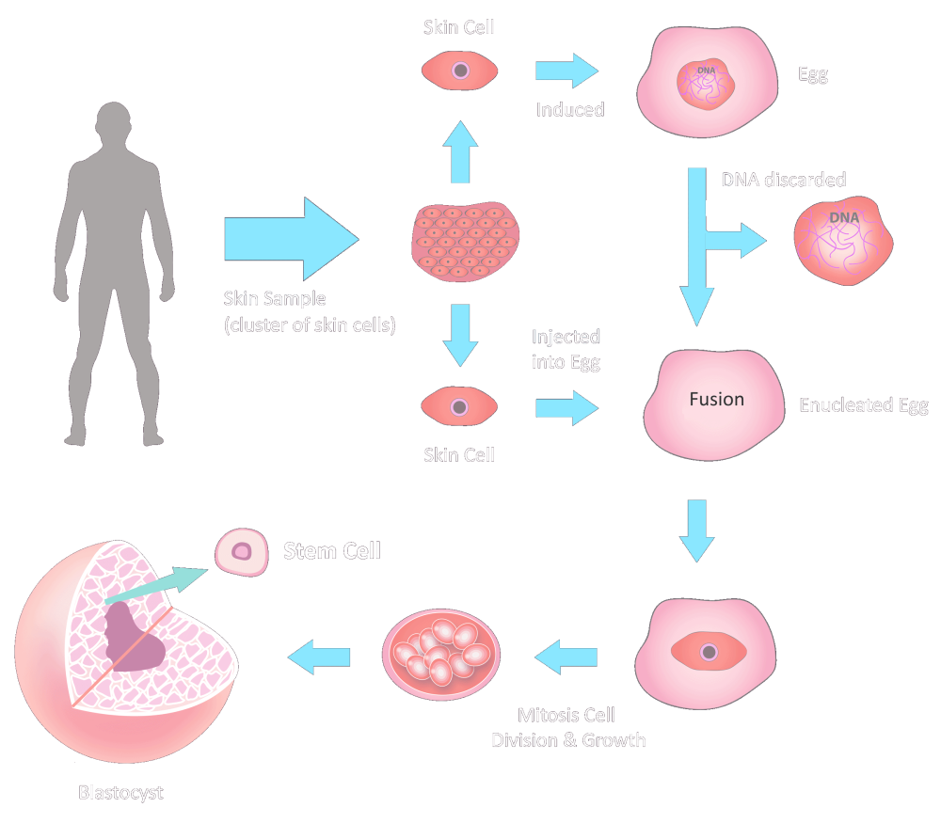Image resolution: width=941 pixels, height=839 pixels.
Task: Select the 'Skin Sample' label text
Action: pyautogui.click(x=274, y=299)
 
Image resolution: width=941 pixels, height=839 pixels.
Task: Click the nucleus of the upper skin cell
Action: pyautogui.click(x=459, y=71)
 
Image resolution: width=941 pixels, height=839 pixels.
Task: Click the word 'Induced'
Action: pyautogui.click(x=569, y=109)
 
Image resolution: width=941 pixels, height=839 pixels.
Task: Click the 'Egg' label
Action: pyautogui.click(x=813, y=76)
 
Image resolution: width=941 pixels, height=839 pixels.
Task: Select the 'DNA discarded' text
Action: pyautogui.click(x=783, y=179)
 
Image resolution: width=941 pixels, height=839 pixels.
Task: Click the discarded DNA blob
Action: pyautogui.click(x=842, y=243)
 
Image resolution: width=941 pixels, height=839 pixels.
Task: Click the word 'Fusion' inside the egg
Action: pyautogui.click(x=716, y=400)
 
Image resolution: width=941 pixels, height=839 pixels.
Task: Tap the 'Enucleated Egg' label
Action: pyautogui.click(x=863, y=406)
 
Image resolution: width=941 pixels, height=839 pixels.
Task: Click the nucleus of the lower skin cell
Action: pyautogui.click(x=459, y=407)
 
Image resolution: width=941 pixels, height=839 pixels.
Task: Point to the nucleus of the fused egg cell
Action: pyautogui.click(x=710, y=652)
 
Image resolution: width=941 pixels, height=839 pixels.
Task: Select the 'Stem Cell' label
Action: pyautogui.click(x=332, y=550)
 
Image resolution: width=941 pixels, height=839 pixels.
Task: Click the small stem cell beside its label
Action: pyautogui.click(x=242, y=551)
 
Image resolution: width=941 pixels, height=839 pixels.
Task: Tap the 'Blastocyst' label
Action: pyautogui.click(x=120, y=792)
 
